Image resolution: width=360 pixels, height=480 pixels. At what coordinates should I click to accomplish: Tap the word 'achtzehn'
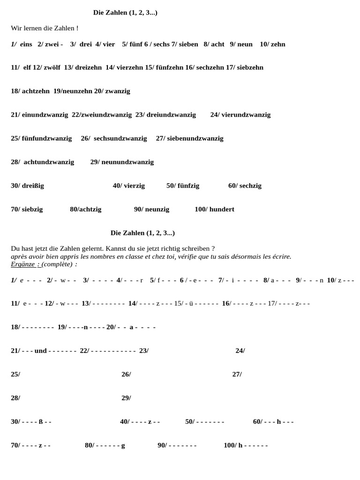point(36,91)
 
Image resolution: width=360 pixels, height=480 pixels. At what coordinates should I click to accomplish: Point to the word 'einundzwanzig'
point(45,114)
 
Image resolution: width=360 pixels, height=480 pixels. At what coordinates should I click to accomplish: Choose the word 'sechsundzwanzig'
point(120,138)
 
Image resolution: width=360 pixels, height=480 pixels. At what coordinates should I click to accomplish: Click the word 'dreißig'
point(33,186)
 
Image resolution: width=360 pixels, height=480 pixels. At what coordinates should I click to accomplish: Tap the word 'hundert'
point(222,209)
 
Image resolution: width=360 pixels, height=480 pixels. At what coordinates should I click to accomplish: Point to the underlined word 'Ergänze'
point(22,264)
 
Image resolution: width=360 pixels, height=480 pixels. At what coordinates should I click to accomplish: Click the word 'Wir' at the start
point(16,28)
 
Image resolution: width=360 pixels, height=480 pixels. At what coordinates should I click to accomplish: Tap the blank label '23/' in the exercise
point(144,351)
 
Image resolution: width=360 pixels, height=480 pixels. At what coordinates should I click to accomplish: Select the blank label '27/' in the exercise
point(237,374)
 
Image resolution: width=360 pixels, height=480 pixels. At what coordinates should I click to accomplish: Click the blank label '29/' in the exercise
point(126,398)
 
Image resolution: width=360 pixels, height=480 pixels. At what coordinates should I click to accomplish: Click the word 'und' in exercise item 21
point(40,351)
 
